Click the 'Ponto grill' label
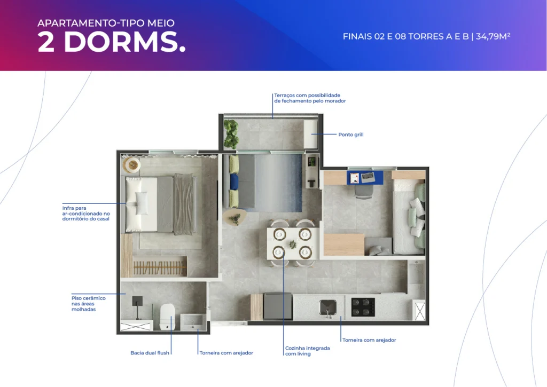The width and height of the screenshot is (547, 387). coord(350,135)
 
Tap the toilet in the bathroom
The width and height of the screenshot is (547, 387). coord(167,317)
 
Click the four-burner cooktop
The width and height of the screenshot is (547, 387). coord(363,307)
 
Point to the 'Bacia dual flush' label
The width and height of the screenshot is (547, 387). coord(150,353)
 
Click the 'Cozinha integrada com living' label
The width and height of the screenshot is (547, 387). coord(307,351)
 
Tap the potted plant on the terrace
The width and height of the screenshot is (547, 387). coord(231,134)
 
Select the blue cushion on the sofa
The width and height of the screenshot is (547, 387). coord(234,181)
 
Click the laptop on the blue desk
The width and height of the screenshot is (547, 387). coord(368,177)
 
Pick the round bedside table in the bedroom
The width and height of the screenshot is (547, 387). coord(132,164)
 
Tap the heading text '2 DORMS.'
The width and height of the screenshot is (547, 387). coord(111,42)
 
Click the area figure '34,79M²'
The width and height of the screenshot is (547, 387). coord(493,36)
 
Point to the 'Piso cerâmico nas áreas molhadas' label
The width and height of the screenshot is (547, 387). coord(89,304)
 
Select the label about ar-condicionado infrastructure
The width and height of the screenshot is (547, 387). coord(86,214)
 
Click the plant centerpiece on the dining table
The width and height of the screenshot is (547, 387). coord(292,244)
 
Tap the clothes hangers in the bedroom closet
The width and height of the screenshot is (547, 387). coord(159,268)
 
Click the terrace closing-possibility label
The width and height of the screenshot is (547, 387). coord(310,98)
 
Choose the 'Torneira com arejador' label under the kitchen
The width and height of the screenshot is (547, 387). coord(369,340)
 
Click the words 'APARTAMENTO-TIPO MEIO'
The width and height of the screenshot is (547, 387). coord(106,23)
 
